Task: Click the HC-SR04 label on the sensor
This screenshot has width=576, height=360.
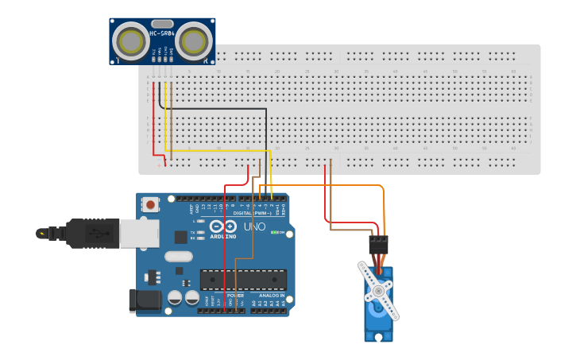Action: click(162, 33)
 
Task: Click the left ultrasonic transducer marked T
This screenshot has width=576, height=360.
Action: click(129, 39)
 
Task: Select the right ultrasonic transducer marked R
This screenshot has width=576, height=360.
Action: click(195, 39)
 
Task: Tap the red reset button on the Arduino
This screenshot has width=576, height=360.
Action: click(150, 205)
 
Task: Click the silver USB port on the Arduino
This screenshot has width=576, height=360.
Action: click(140, 233)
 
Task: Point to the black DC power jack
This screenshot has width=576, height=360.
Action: click(143, 300)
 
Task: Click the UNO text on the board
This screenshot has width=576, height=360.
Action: click(253, 226)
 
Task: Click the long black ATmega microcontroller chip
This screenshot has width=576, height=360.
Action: click(242, 280)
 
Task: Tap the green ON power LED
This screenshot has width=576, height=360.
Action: click(275, 232)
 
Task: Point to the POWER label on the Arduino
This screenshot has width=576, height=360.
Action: click(235, 295)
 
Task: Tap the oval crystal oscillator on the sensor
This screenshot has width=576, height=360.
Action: click(162, 23)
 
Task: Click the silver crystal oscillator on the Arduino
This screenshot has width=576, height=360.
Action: click(179, 256)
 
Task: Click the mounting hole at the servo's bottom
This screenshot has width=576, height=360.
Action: click(379, 336)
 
